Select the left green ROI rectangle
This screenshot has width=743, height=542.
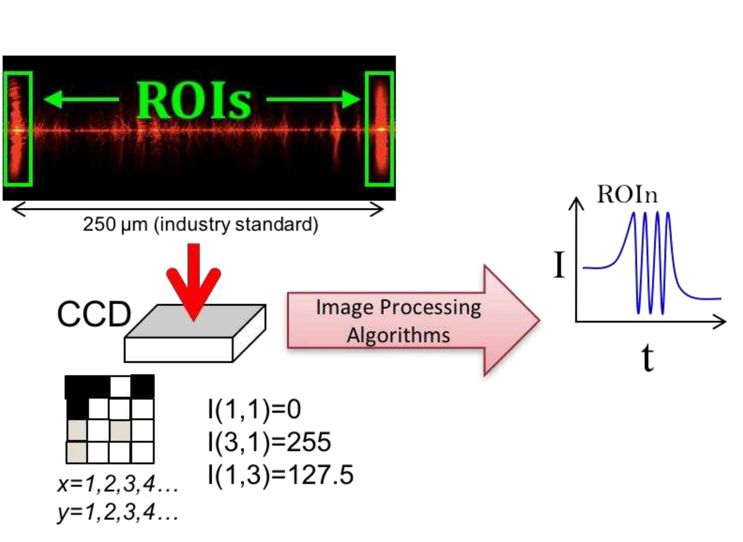click(x=18, y=129)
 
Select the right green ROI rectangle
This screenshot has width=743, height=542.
click(x=379, y=129)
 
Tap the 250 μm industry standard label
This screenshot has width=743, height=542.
click(x=200, y=224)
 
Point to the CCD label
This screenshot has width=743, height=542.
click(x=94, y=314)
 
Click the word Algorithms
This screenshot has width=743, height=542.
click(x=398, y=335)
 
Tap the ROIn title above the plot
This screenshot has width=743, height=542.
click(x=627, y=195)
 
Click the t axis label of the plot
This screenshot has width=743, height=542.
click(x=647, y=359)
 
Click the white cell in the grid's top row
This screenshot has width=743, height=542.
click(x=120, y=387)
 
